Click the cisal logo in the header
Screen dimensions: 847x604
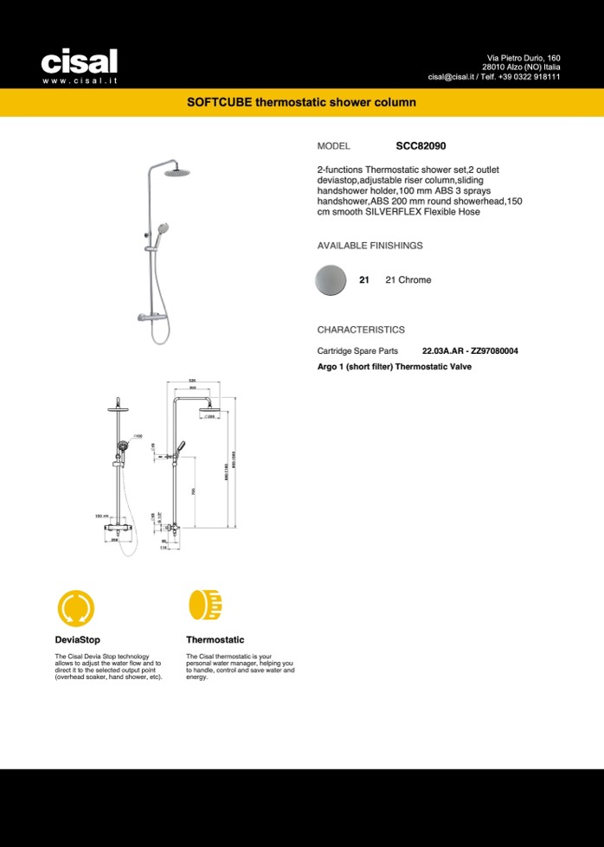[x=79, y=61]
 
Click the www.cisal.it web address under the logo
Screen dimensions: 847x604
[x=79, y=80]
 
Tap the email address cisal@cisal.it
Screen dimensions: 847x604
[x=454, y=77]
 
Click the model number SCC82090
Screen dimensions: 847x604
[x=421, y=147]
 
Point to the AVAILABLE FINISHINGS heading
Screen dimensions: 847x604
[x=369, y=246]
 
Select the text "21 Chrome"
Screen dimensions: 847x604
[x=408, y=280]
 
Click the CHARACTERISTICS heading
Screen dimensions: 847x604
[x=361, y=330]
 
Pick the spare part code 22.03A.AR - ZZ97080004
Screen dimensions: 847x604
[x=470, y=351]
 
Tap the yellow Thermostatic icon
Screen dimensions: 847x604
[x=206, y=606]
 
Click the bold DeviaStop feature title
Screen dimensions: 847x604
[x=77, y=640]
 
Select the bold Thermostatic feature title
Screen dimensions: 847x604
[x=215, y=640]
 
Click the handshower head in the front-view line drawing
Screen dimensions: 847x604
[x=124, y=447]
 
